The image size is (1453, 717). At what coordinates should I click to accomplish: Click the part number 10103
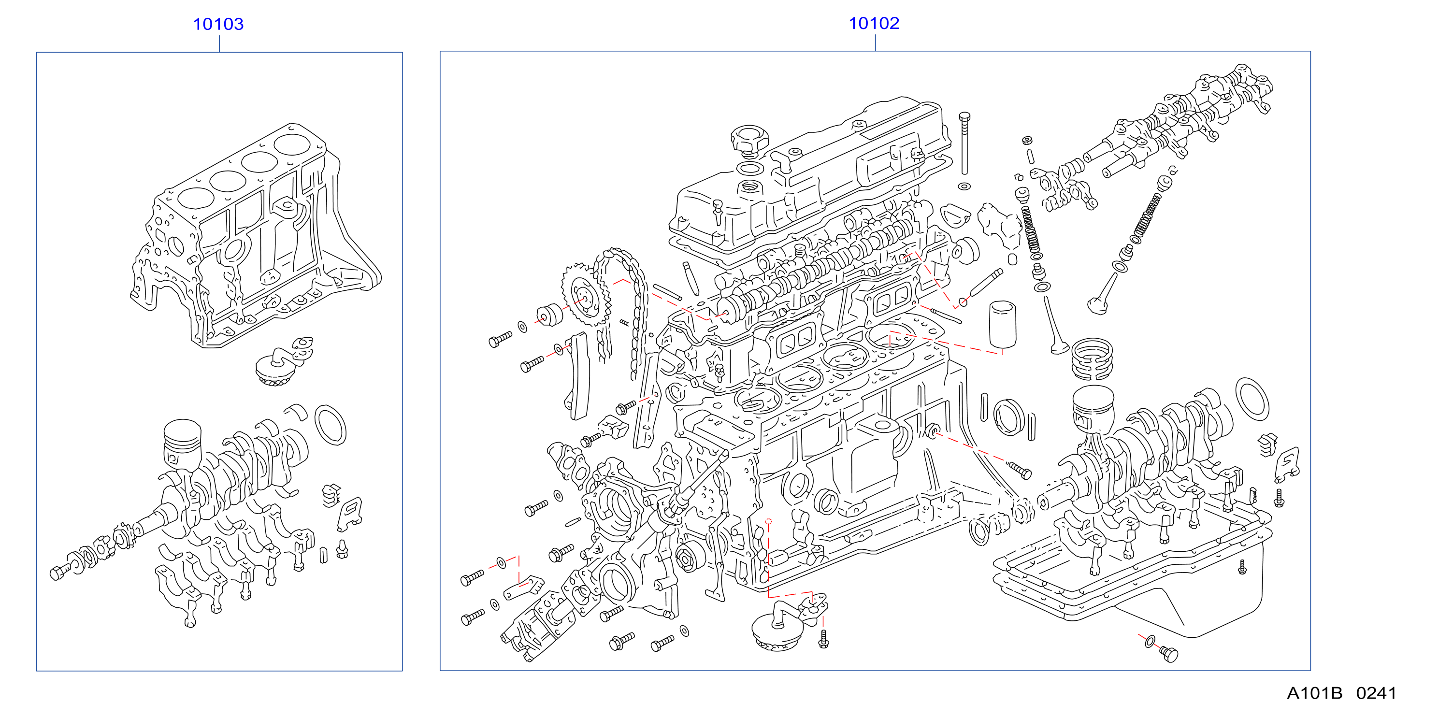pos(218,24)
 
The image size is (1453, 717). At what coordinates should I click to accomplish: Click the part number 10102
pos(874,23)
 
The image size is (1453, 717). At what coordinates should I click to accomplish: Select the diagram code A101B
pos(1314,693)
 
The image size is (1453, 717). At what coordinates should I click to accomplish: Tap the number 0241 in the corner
pos(1376,693)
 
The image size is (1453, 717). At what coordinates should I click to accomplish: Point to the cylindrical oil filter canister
pos(1002,326)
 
